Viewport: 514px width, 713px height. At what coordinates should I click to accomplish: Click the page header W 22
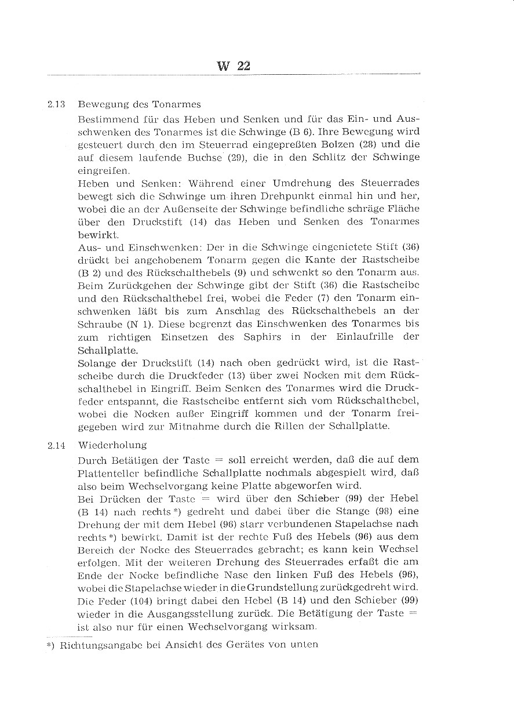coord(234,66)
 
